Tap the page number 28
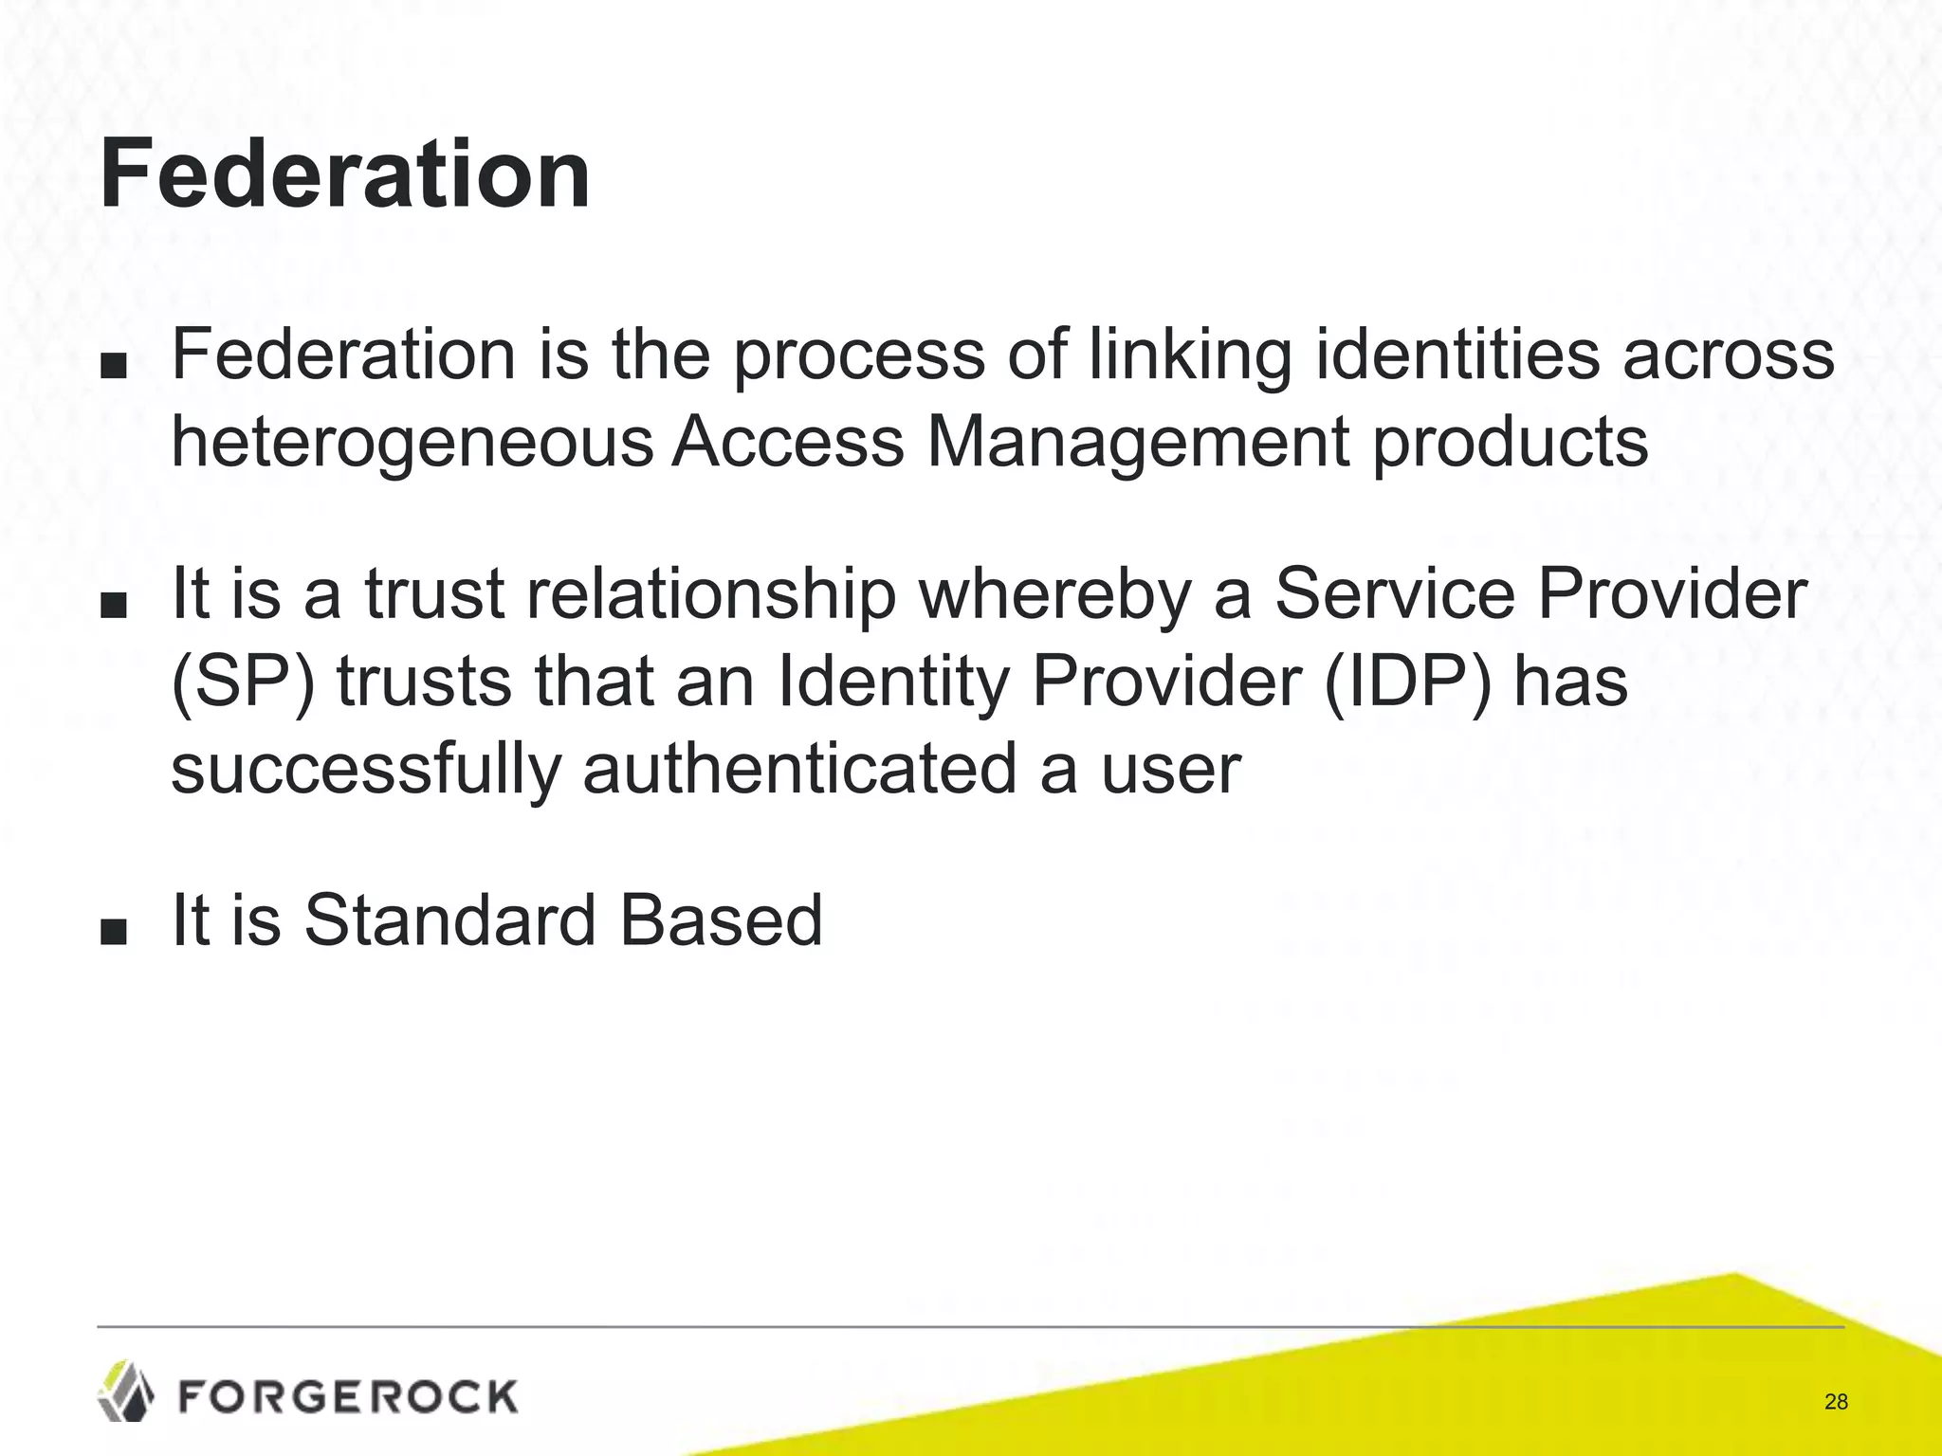click(x=1836, y=1402)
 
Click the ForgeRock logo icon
click(x=126, y=1391)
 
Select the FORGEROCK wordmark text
click(x=348, y=1397)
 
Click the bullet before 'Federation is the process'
click(x=113, y=366)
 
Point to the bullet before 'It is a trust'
click(x=113, y=605)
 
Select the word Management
click(x=1137, y=443)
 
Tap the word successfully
click(x=366, y=769)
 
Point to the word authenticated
click(x=799, y=769)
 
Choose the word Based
click(x=722, y=920)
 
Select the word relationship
click(x=710, y=595)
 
